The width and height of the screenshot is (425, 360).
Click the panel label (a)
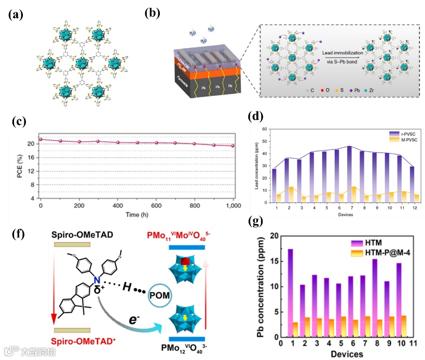(x=15, y=15)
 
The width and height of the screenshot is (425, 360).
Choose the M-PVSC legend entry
(x=392, y=139)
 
